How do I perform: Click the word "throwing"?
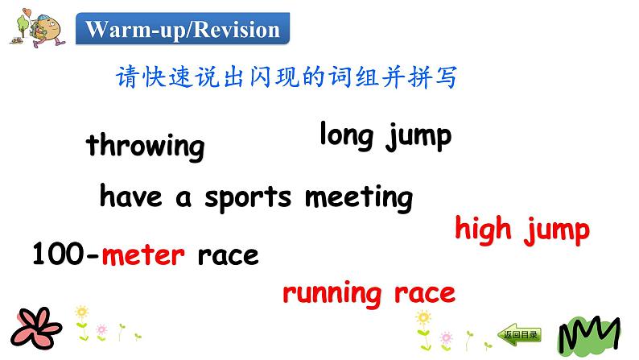(x=145, y=146)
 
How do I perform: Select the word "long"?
(x=346, y=135)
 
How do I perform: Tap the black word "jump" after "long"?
(x=419, y=137)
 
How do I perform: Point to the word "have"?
(x=131, y=196)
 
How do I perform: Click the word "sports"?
(x=248, y=199)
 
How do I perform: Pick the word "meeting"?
(x=359, y=198)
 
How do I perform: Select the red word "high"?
(x=483, y=230)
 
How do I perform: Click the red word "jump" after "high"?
(x=557, y=230)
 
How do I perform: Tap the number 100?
(x=58, y=253)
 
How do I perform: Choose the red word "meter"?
(x=143, y=255)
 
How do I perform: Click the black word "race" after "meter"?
(x=229, y=256)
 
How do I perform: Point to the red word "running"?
(x=332, y=293)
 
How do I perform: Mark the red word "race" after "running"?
(x=425, y=293)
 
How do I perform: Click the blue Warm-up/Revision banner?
(x=183, y=28)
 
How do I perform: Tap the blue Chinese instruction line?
(x=287, y=77)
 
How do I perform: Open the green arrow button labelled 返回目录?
(x=520, y=335)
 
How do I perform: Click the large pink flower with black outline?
(x=36, y=328)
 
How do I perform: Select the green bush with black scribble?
(x=589, y=335)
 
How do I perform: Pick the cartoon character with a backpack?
(x=44, y=30)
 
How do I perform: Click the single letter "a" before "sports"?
(x=183, y=199)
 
